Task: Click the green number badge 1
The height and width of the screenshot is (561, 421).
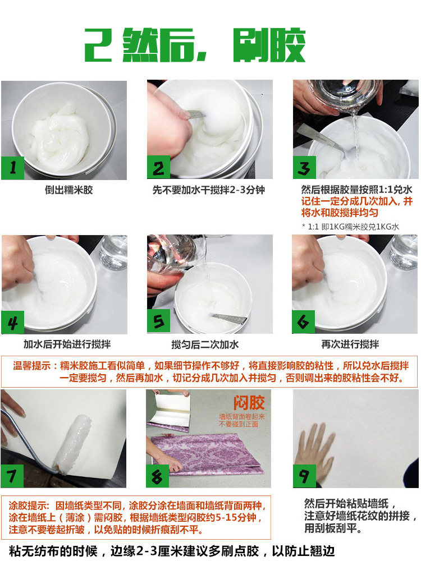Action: tap(12, 168)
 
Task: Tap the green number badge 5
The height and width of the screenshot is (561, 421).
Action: tap(158, 321)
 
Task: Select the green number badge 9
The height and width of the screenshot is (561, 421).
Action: tap(304, 476)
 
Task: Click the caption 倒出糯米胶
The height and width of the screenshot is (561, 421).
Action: tap(68, 190)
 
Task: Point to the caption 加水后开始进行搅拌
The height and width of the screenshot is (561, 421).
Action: tap(67, 344)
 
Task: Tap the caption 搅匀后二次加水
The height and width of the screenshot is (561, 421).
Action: tap(205, 344)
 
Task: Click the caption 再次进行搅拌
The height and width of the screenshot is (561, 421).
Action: tap(350, 344)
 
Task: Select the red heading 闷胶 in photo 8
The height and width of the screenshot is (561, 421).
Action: tap(249, 402)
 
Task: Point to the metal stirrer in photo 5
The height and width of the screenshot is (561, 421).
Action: tap(229, 318)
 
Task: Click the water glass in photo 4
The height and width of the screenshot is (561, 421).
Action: tap(113, 252)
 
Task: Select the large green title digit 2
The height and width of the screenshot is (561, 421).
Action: tap(96, 45)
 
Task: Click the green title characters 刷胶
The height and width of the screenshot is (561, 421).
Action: tap(269, 45)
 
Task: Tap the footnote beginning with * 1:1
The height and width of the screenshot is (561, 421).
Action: tap(350, 227)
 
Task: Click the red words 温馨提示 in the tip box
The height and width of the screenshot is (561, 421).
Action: tap(32, 365)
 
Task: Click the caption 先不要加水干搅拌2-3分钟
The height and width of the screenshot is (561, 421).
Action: tap(209, 190)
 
